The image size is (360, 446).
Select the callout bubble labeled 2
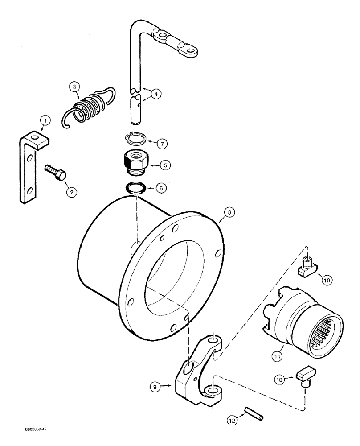[x=71, y=192]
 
